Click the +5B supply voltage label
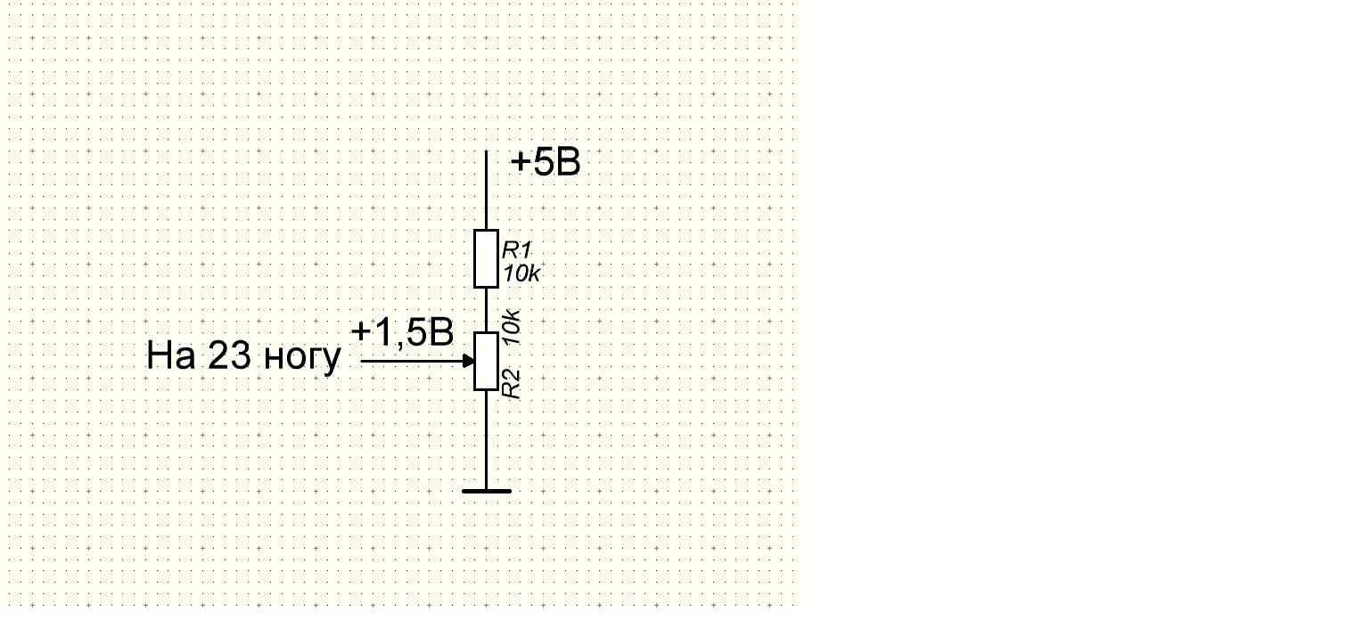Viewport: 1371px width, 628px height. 546,163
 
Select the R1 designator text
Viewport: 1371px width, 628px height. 517,249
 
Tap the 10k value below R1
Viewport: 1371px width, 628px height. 521,274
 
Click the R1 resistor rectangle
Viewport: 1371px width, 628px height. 486,258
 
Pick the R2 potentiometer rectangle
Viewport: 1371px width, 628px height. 486,362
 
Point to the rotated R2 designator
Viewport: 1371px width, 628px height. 511,384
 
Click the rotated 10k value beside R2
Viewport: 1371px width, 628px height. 511,327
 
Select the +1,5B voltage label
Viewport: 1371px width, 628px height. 402,333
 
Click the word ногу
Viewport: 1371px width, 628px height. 301,358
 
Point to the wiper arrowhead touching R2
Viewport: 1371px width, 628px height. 469,361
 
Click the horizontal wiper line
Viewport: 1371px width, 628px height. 412,361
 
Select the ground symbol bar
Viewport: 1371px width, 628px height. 486,491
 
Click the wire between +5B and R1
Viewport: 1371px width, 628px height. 486,190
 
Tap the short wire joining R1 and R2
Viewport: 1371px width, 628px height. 486,310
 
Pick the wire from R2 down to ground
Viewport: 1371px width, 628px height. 486,440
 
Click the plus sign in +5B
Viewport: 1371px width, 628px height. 521,163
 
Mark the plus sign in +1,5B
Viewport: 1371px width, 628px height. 360,332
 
